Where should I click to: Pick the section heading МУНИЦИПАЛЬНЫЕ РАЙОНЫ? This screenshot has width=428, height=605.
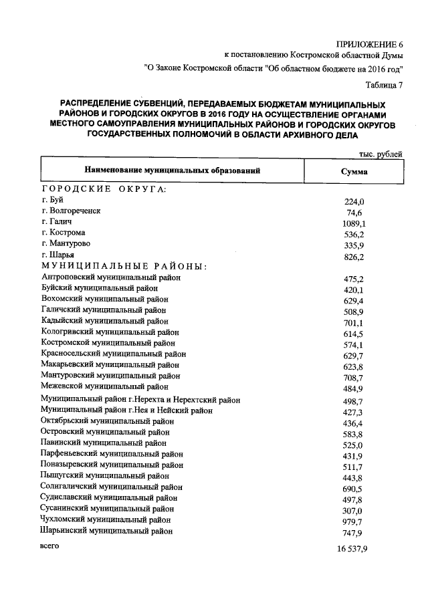pos(124,266)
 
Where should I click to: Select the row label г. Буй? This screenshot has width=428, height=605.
pos(51,201)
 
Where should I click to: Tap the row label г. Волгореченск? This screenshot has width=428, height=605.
pos(71,211)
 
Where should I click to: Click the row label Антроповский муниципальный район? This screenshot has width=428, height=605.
pos(111,277)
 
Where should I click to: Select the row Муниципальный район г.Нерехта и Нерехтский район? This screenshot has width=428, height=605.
pos(140,400)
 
